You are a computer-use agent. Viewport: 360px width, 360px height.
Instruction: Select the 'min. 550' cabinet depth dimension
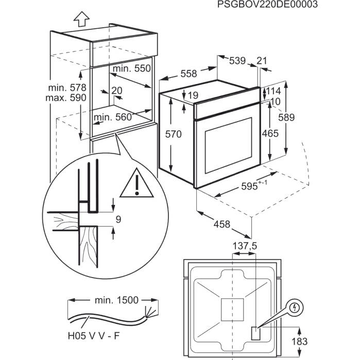(x=132, y=68)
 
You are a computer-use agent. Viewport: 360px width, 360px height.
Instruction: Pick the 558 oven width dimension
(x=189, y=74)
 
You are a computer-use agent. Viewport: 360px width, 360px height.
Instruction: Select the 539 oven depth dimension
(x=237, y=61)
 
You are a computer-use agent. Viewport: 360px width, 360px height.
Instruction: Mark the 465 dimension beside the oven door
(x=269, y=133)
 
